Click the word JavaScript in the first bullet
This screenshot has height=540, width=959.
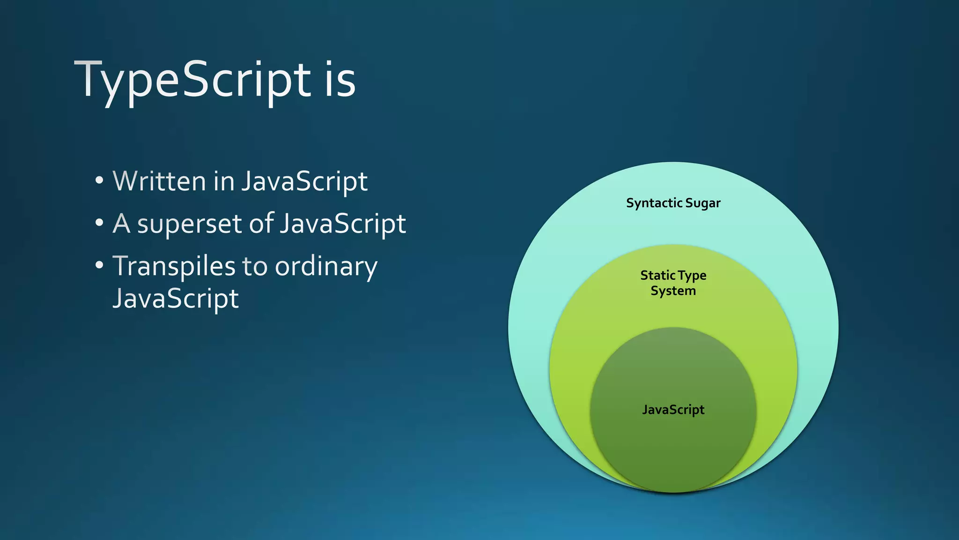pyautogui.click(x=304, y=181)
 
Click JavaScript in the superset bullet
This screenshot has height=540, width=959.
pyautogui.click(x=343, y=224)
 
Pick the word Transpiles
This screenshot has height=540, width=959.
pyautogui.click(x=174, y=267)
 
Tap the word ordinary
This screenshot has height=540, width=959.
pyautogui.click(x=326, y=267)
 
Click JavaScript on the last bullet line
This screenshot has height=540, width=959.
pyautogui.click(x=176, y=298)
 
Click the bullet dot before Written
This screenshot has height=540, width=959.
pyautogui.click(x=99, y=180)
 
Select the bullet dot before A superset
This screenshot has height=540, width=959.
pyautogui.click(x=99, y=223)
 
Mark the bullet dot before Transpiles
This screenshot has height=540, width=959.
pyautogui.click(x=99, y=266)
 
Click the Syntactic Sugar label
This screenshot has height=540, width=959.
pyautogui.click(x=673, y=203)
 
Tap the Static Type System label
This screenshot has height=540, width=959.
pyautogui.click(x=673, y=283)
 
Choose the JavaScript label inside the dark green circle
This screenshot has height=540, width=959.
pyautogui.click(x=673, y=410)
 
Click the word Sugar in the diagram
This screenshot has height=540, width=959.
pyautogui.click(x=702, y=203)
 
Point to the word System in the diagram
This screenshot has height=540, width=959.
pyautogui.click(x=673, y=291)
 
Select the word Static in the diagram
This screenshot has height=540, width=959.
pyautogui.click(x=657, y=275)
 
